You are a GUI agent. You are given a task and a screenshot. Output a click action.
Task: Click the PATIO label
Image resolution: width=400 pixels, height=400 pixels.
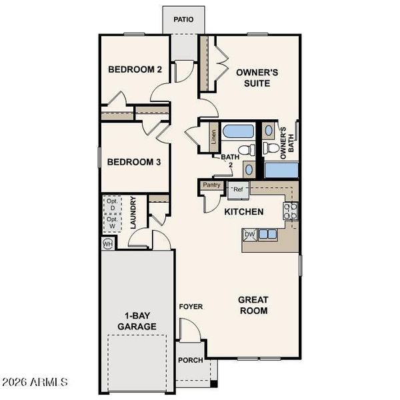pos(184,19)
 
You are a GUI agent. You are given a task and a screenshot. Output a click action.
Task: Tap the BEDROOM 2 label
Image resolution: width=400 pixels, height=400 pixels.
pos(135,69)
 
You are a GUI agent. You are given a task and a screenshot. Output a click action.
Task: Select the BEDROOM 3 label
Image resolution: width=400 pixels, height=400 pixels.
pos(134,161)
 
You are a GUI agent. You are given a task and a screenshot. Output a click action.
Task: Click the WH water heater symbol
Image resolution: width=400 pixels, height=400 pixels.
pos(108,244)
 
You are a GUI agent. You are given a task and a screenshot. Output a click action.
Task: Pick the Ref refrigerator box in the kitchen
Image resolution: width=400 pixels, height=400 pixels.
pos(239,190)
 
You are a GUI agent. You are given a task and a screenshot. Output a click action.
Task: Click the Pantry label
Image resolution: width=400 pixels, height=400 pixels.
pos(212,185)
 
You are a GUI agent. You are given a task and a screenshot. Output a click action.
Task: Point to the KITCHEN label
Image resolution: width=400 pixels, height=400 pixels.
pos(243,212)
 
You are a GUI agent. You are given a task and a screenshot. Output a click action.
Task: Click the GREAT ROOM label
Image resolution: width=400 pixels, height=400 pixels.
pos(253,305)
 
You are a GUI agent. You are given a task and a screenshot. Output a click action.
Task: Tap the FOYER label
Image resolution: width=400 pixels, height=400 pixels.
pos(191,307)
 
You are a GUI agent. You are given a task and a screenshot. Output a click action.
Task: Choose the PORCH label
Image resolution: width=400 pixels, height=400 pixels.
pos(190,361)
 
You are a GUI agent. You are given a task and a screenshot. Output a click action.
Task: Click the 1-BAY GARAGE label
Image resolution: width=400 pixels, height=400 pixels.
pos(137,320)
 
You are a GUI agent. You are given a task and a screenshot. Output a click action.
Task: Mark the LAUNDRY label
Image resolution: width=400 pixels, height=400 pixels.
pos(134,213)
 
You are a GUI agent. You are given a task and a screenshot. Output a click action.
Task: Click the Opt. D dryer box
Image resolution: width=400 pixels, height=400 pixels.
pos(111,205)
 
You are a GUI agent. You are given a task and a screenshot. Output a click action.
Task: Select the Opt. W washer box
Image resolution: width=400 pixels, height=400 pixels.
pos(111,223)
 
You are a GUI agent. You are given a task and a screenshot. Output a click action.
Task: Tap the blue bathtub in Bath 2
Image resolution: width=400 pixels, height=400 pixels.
pos(236,131)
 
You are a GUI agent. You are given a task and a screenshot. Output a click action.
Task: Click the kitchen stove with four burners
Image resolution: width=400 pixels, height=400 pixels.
pos(291,211)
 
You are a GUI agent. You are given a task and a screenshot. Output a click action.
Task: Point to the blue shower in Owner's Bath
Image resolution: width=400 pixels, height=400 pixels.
pos(281,169)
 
